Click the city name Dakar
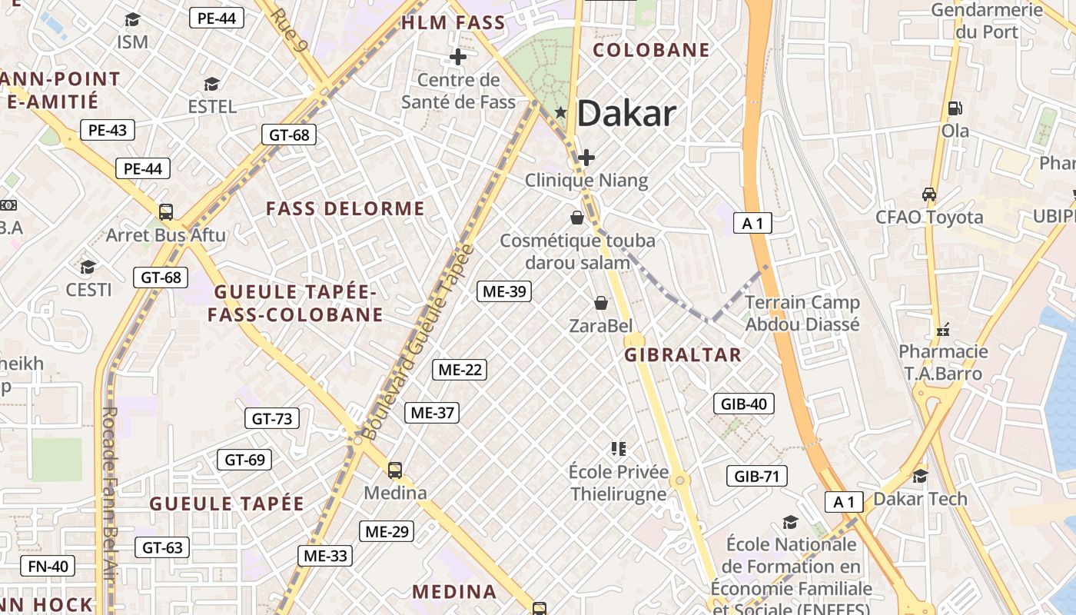(626, 114)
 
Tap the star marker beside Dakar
(561, 113)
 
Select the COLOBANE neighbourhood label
(652, 50)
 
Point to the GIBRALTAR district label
(682, 354)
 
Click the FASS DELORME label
(345, 208)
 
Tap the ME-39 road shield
(503, 291)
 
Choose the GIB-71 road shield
(757, 476)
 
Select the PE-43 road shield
(108, 130)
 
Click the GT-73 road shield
(272, 418)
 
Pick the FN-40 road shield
(48, 567)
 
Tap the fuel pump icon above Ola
(955, 108)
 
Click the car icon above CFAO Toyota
(928, 194)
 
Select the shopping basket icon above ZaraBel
(601, 303)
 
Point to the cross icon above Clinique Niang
(586, 158)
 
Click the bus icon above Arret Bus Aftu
(165, 211)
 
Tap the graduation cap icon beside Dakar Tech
(920, 476)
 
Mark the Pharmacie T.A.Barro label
(944, 362)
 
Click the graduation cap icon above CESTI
(88, 267)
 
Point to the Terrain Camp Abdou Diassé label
(802, 313)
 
